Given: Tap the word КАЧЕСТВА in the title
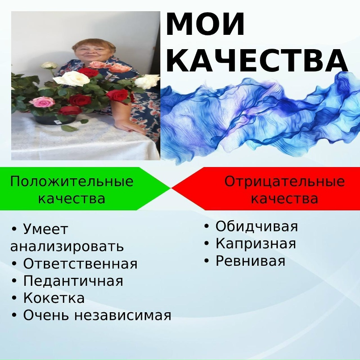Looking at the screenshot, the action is (x=257, y=60).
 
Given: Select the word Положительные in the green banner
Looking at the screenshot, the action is (x=72, y=181).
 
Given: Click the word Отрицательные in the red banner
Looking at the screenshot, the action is (x=285, y=181).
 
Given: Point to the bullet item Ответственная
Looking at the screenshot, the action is (x=80, y=264).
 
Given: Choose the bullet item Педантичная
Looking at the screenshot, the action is (x=73, y=280).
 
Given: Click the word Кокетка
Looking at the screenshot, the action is (x=54, y=298).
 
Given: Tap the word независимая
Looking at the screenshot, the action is (x=122, y=315).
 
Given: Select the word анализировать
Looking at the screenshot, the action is (x=67, y=246).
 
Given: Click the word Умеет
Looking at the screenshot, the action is (x=46, y=229).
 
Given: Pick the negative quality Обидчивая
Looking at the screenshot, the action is (x=257, y=226).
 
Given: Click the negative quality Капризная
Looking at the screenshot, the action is (x=256, y=243).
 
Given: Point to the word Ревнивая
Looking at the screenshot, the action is (x=250, y=261).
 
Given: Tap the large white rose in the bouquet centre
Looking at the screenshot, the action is (x=72, y=78).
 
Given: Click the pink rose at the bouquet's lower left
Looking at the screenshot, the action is (x=42, y=102).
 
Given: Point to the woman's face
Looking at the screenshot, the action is (x=90, y=53).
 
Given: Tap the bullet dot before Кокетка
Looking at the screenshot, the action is (x=14, y=298).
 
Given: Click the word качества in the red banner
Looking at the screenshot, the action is (x=285, y=199).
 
